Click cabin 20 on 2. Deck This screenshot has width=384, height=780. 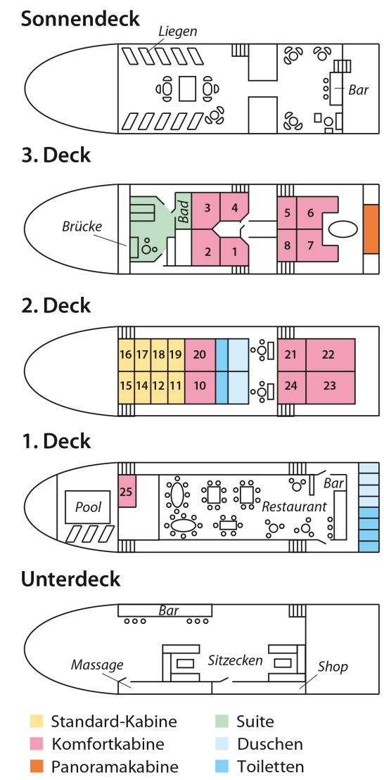[x=200, y=354]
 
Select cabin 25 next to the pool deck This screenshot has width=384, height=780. [x=127, y=491]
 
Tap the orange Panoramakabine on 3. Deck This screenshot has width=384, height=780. [x=371, y=229]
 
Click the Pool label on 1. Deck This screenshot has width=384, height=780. [x=88, y=507]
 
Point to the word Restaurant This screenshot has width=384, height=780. [x=295, y=506]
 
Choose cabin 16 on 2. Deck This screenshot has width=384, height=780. [x=127, y=354]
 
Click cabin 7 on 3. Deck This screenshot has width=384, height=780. [x=311, y=245]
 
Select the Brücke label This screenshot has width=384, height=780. [x=82, y=226]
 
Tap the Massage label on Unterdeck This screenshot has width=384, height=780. [x=96, y=665]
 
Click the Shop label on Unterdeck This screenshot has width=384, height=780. [x=333, y=667]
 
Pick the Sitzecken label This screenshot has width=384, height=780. [x=236, y=660]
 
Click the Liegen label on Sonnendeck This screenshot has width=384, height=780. [x=177, y=32]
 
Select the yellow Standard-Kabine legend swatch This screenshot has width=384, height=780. [x=37, y=721]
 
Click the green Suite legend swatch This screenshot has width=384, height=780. [x=222, y=721]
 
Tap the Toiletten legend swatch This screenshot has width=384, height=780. [x=222, y=767]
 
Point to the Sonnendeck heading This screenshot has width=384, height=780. [x=80, y=19]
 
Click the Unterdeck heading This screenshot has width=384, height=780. [x=70, y=579]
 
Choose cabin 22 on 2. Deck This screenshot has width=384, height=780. [x=331, y=354]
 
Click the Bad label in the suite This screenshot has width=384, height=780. [x=183, y=212]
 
